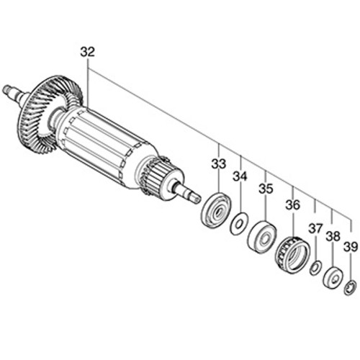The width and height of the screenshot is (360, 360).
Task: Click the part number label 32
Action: [88, 53]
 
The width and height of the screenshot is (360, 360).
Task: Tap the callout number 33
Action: [219, 163]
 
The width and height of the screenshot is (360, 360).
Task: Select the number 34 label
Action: [240, 176]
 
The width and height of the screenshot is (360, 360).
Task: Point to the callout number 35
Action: [266, 189]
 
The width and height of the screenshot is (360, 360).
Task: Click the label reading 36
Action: [293, 204]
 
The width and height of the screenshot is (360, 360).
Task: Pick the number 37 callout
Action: [315, 228]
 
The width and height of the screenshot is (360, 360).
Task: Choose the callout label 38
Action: [333, 236]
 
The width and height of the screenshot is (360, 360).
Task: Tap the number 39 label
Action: [351, 247]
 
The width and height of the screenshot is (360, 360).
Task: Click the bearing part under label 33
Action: [216, 209]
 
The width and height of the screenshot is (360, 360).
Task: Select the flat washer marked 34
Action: [240, 223]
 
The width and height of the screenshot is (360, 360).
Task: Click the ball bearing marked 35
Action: [262, 237]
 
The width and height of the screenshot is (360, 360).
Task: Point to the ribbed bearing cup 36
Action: [292, 255]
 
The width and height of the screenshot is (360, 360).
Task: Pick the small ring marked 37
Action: [315, 268]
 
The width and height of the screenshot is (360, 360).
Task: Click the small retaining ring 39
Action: [350, 288]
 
